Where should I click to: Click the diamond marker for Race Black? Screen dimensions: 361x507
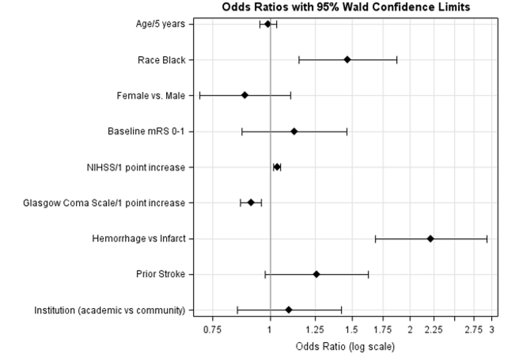(347, 59)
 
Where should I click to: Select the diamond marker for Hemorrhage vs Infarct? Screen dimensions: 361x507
(430, 238)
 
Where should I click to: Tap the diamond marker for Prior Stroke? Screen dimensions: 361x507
(316, 274)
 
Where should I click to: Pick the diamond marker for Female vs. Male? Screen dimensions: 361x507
(244, 95)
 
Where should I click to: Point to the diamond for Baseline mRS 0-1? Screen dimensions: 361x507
(294, 131)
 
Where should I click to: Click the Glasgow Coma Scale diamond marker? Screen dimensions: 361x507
(251, 203)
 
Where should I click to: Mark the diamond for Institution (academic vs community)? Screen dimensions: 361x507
(289, 310)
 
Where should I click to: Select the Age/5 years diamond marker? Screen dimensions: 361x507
(267, 24)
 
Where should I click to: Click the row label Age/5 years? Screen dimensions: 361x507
(160, 24)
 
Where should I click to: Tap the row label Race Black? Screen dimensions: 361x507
(161, 59)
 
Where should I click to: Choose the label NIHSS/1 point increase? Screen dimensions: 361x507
(135, 167)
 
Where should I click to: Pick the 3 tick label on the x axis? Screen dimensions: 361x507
(491, 329)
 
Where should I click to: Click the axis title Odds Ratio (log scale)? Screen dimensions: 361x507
(345, 346)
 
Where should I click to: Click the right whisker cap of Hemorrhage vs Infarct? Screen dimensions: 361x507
(486, 238)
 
